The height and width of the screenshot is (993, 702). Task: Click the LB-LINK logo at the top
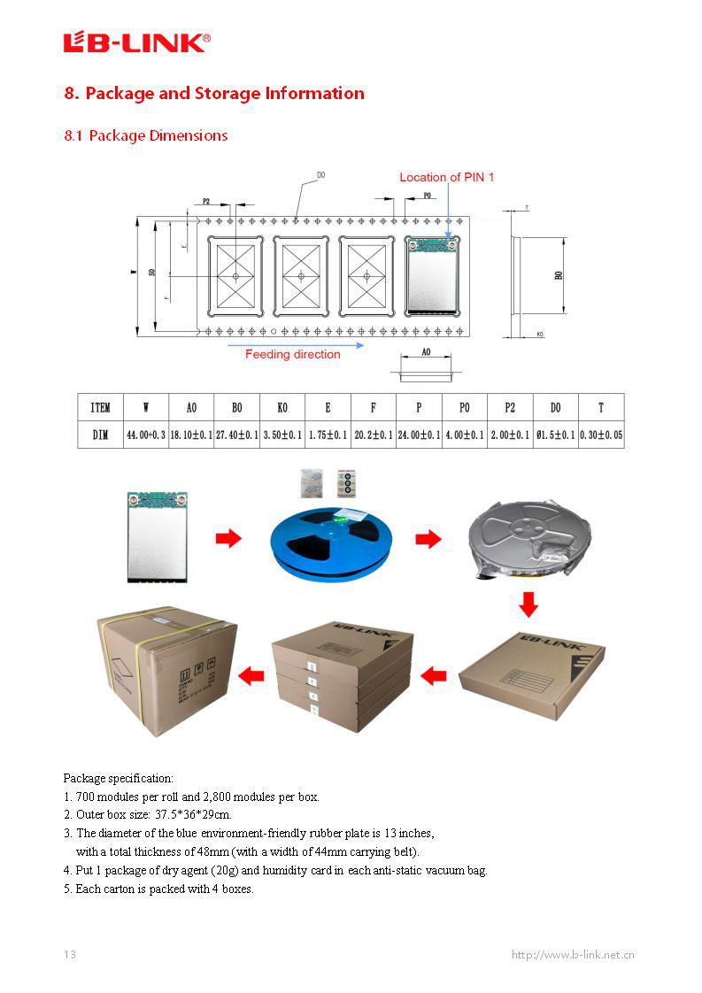click(x=136, y=42)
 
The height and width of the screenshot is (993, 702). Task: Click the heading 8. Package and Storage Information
click(x=214, y=94)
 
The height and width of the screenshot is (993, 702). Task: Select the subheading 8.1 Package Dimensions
click(x=146, y=135)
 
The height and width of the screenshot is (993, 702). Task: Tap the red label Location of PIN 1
click(x=446, y=177)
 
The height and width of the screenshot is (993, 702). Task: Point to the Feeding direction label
click(x=292, y=354)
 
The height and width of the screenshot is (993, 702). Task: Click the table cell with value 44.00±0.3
click(x=146, y=435)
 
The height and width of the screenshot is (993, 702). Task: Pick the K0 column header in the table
click(x=282, y=407)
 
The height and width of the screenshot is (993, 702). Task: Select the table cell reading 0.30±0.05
click(x=600, y=435)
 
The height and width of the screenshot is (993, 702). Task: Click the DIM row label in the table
click(x=100, y=435)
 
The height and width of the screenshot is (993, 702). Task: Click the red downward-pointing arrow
click(x=528, y=604)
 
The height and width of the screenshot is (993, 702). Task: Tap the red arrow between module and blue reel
click(x=228, y=538)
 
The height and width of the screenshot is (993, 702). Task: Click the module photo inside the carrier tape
click(x=430, y=275)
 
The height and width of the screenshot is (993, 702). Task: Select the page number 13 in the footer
click(x=70, y=954)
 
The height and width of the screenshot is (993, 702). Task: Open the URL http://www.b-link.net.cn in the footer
click(x=573, y=954)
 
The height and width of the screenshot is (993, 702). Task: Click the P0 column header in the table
click(x=464, y=407)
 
